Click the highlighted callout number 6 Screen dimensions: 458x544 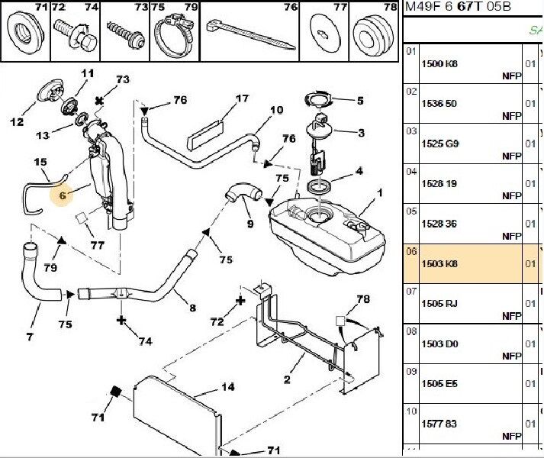[63, 195]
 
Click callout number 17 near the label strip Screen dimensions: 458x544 [242, 98]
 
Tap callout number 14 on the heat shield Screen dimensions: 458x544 [227, 387]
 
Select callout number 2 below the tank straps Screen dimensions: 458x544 [287, 379]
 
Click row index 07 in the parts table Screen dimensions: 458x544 [411, 291]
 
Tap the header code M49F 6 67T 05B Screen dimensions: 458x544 [468, 7]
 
